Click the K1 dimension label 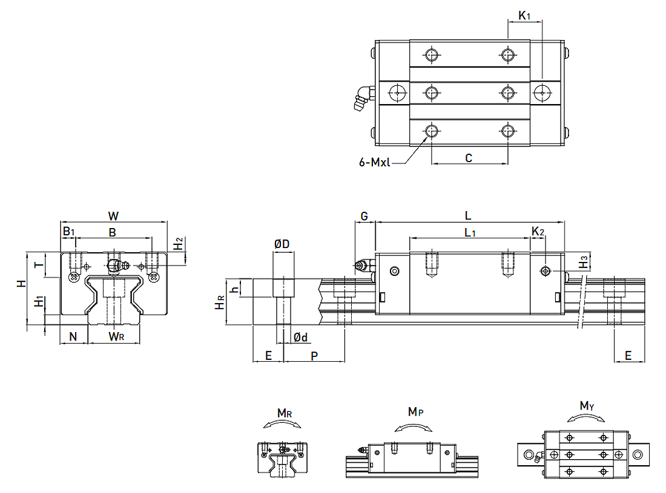pyautogui.click(x=524, y=16)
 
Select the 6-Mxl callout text pyautogui.click(x=375, y=162)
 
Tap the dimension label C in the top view pyautogui.click(x=469, y=158)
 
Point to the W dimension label pyautogui.click(x=113, y=216)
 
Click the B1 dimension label pyautogui.click(x=68, y=232)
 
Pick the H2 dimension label pyautogui.click(x=178, y=244)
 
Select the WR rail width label pyautogui.click(x=116, y=336)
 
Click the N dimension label pyautogui.click(x=74, y=336)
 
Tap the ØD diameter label pyautogui.click(x=282, y=244)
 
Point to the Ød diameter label pyautogui.click(x=300, y=337)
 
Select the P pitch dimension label pyautogui.click(x=314, y=356)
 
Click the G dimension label pyautogui.click(x=364, y=216)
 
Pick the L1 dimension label pyautogui.click(x=470, y=232)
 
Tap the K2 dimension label pyautogui.click(x=538, y=232)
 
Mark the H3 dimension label pyautogui.click(x=582, y=263)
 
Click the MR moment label pyautogui.click(x=285, y=413)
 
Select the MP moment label pyautogui.click(x=415, y=412)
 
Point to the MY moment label pyautogui.click(x=587, y=406)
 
